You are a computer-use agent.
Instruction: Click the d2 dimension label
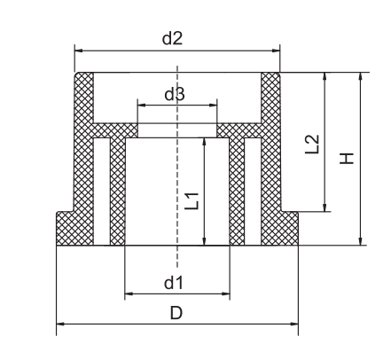click(x=175, y=38)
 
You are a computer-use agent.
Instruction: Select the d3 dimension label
click(x=175, y=94)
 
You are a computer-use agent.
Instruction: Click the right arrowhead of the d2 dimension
click(x=277, y=51)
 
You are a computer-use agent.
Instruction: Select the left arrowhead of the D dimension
click(x=60, y=325)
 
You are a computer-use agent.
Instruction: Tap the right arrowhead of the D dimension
click(x=294, y=325)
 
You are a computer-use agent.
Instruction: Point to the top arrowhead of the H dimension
click(x=360, y=76)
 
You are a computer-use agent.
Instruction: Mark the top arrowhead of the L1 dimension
click(x=205, y=141)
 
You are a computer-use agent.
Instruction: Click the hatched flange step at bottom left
click(x=67, y=228)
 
